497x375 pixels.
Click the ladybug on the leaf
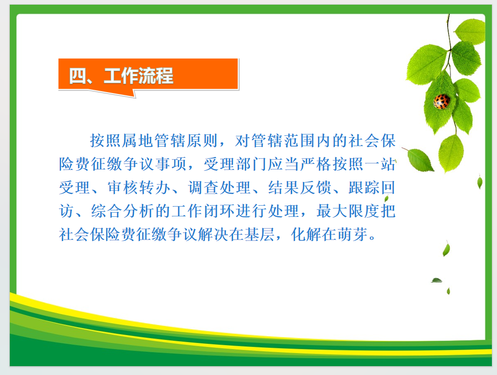click(x=442, y=101)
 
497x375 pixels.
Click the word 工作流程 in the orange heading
click(x=139, y=76)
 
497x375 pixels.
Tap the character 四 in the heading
click(x=77, y=76)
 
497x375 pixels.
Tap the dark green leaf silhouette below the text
click(x=437, y=280)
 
